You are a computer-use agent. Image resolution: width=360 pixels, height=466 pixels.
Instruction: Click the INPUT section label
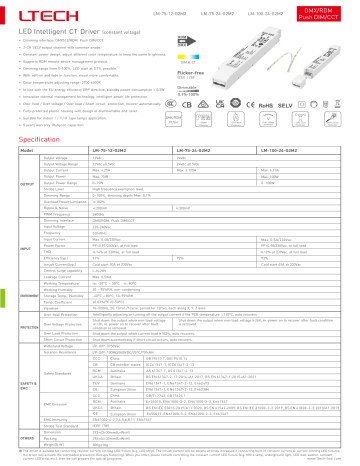tap(22, 241)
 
